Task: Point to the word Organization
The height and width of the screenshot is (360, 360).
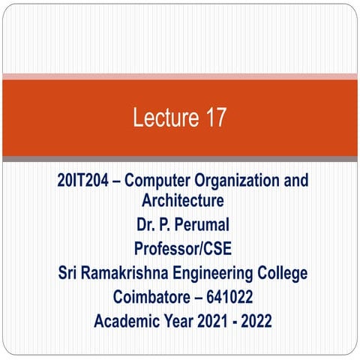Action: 241,181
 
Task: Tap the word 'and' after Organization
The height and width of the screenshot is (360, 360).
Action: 292,181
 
